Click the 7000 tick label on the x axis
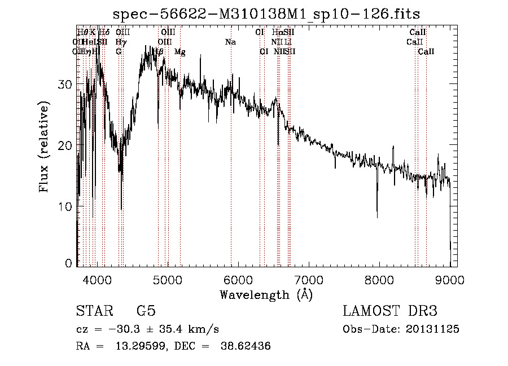point(309,279)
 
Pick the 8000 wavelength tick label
point(379,279)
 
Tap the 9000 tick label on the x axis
point(450,279)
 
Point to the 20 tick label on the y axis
point(65,145)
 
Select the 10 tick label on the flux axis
point(65,207)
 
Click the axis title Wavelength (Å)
point(266,294)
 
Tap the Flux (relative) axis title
point(44,145)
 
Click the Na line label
point(230,42)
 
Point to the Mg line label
point(179,52)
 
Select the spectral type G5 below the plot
point(146,311)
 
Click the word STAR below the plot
point(94,311)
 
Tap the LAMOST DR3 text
point(389,311)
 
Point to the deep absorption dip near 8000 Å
point(377,214)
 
